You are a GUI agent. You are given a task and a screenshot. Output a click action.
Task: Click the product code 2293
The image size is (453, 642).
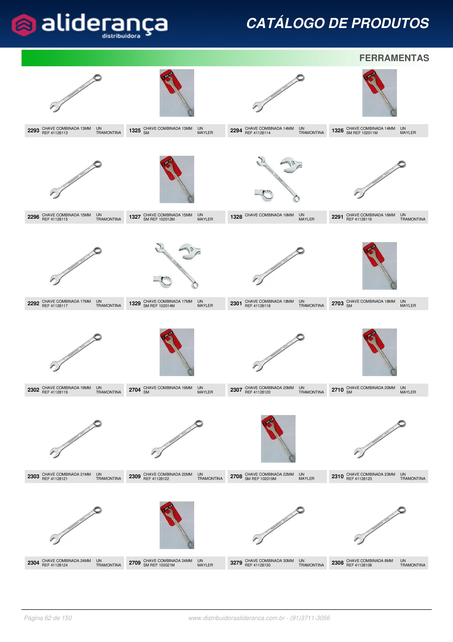coord(33,131)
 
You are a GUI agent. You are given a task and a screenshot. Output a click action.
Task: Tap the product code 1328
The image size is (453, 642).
coord(236,217)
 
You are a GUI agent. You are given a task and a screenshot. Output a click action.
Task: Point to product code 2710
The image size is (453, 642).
coord(337,390)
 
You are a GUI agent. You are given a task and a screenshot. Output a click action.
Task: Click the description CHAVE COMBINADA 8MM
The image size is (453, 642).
coord(370,560)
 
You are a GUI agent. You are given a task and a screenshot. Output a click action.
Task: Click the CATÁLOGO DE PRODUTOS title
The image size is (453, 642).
coord(338,23)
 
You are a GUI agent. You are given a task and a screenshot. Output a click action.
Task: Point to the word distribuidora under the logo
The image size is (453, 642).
coord(121,36)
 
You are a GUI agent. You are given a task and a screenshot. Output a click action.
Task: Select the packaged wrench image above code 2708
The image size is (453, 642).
coord(278,438)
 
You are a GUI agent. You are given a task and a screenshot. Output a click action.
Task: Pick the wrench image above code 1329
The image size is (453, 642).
coord(177,266)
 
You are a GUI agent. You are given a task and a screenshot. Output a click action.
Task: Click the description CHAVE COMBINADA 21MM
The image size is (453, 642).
coord(66,474)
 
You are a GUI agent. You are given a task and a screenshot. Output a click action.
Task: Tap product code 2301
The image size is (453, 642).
coord(236,303)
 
